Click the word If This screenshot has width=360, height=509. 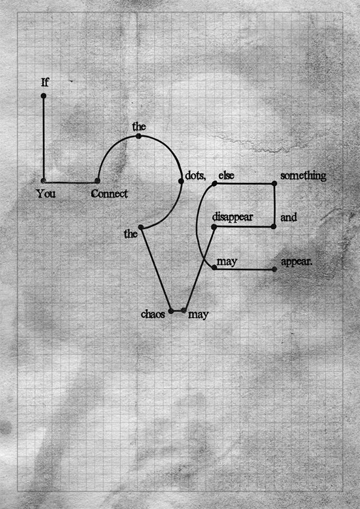(45, 83)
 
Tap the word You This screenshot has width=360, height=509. (46, 194)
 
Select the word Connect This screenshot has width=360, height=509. (109, 194)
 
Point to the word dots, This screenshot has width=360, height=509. (195, 175)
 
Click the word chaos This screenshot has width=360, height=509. (153, 314)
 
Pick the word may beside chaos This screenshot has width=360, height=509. (198, 315)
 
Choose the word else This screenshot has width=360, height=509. (226, 175)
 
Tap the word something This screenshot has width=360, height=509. (303, 176)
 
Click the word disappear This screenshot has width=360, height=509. (232, 217)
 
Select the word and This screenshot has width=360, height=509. (288, 217)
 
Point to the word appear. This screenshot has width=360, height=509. (297, 262)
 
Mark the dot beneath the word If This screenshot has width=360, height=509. (43, 96)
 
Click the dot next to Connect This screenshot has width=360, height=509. (97, 181)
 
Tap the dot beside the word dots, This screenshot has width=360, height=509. (181, 181)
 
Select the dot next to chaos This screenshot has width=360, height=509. (171, 311)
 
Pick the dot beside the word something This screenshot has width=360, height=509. (274, 183)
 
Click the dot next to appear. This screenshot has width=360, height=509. (274, 269)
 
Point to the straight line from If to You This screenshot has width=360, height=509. (43, 138)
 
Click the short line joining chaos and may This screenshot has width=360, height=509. (177, 311)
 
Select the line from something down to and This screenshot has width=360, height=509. (274, 205)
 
